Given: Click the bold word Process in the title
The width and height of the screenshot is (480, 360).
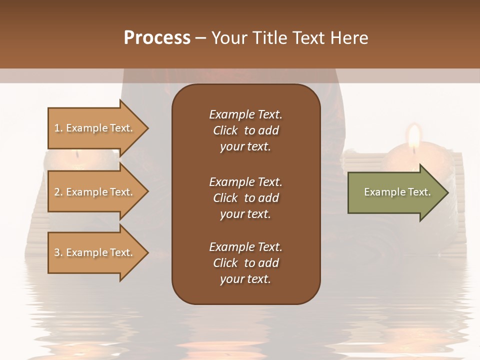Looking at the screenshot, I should point(157,38).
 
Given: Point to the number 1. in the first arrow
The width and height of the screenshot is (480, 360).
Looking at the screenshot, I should point(58,128).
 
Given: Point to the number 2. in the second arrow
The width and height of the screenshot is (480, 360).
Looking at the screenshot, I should point(58,192).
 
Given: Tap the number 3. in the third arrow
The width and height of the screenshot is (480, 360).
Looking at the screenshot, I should point(58,252).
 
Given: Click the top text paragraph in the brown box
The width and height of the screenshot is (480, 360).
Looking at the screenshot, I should point(245,130).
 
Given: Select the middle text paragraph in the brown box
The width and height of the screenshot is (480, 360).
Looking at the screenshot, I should point(245,197).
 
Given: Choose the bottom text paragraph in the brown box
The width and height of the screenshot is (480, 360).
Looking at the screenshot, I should point(245,263).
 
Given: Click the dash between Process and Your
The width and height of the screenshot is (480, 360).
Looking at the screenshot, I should point(200,38).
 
